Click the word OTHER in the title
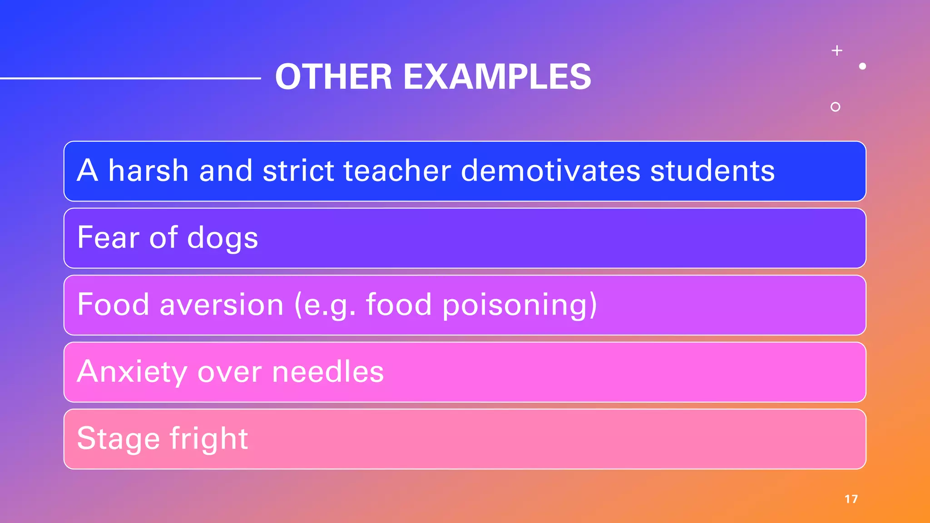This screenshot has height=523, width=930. click(x=334, y=77)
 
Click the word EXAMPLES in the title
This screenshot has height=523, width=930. click(x=497, y=77)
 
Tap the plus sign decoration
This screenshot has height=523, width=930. click(x=837, y=50)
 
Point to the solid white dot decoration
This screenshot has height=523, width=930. click(x=862, y=66)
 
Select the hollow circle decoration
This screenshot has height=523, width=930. click(x=835, y=107)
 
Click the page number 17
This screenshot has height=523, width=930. click(x=851, y=499)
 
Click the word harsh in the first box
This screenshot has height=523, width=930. click(x=148, y=171)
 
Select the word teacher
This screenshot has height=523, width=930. click(x=397, y=171)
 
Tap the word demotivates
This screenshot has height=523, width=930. click(x=550, y=171)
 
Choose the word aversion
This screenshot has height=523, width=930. click(x=222, y=305)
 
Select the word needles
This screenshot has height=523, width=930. click(x=328, y=371)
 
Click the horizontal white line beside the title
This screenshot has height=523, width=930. click(x=130, y=79)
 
